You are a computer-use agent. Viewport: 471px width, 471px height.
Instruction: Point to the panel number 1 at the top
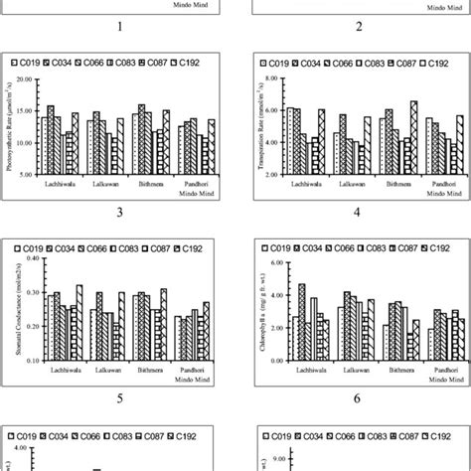118,28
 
